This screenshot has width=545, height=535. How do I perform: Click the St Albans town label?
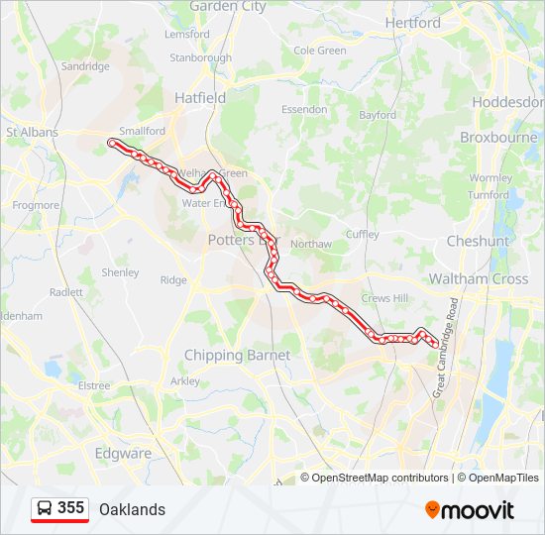point(33,132)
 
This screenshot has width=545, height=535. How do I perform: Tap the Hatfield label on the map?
point(200,98)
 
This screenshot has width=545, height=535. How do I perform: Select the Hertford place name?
point(413,23)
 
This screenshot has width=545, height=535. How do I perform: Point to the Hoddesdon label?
point(508,102)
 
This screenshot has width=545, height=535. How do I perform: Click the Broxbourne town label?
point(498,138)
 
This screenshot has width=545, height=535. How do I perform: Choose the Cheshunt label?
point(478,241)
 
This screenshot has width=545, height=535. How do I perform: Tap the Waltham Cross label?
point(479,279)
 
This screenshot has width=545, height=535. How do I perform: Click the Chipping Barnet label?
point(237,355)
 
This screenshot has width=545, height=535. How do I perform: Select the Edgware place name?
point(123,454)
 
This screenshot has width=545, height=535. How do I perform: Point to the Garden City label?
point(228,6)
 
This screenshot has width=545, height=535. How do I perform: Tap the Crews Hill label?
point(384,298)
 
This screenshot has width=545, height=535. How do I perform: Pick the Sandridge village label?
point(85,66)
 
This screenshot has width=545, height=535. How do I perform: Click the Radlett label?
point(66,292)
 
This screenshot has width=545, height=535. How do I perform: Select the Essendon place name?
point(304,109)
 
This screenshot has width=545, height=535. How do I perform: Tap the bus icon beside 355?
point(45,509)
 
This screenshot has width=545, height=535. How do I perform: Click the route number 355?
point(71,508)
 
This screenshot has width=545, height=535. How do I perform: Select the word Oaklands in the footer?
point(132,509)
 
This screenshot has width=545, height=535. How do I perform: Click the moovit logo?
point(470,510)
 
